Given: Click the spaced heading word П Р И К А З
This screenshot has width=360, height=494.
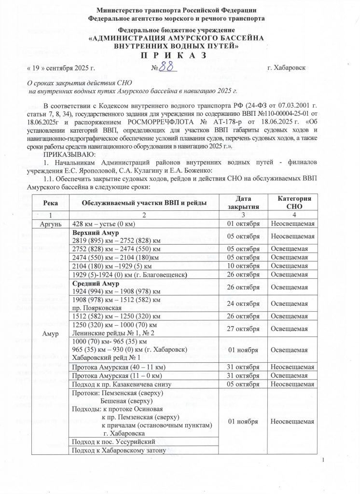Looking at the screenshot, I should (180, 55).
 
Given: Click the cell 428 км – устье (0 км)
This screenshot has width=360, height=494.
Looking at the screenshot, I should (103, 224).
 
